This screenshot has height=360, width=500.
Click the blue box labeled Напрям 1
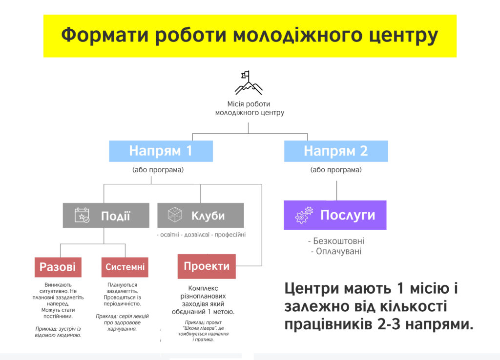pyautogui.click(x=161, y=151)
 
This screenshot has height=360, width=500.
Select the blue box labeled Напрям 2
pyautogui.click(x=336, y=151)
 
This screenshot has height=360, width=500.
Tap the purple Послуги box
pyautogui.click(x=335, y=215)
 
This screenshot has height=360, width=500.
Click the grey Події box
pyautogui.click(x=106, y=215)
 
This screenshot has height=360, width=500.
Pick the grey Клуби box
pyautogui.click(x=201, y=215)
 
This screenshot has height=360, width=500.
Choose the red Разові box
pyautogui.click(x=58, y=267)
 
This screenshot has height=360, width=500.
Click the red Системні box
pyautogui.click(x=125, y=267)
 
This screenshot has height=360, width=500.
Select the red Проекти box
pyautogui.click(x=207, y=266)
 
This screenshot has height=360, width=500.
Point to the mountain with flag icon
pyautogui.click(x=249, y=83)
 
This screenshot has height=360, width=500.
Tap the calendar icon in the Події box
pyautogui.click(x=82, y=215)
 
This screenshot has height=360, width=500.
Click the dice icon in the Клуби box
pyautogui.click(x=175, y=215)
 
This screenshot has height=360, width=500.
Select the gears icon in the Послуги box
pyautogui.click(x=304, y=215)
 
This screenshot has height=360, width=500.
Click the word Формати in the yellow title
pyautogui.click(x=105, y=35)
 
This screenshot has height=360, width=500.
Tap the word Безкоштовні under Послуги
pyautogui.click(x=339, y=241)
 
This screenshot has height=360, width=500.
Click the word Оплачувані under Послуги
pyautogui.click(x=339, y=251)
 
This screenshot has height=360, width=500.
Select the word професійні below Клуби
pyautogui.click(x=230, y=235)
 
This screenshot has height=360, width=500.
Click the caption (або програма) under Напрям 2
pyautogui.click(x=336, y=170)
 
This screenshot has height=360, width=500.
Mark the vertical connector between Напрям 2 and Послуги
pyautogui.click(x=337, y=191)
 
